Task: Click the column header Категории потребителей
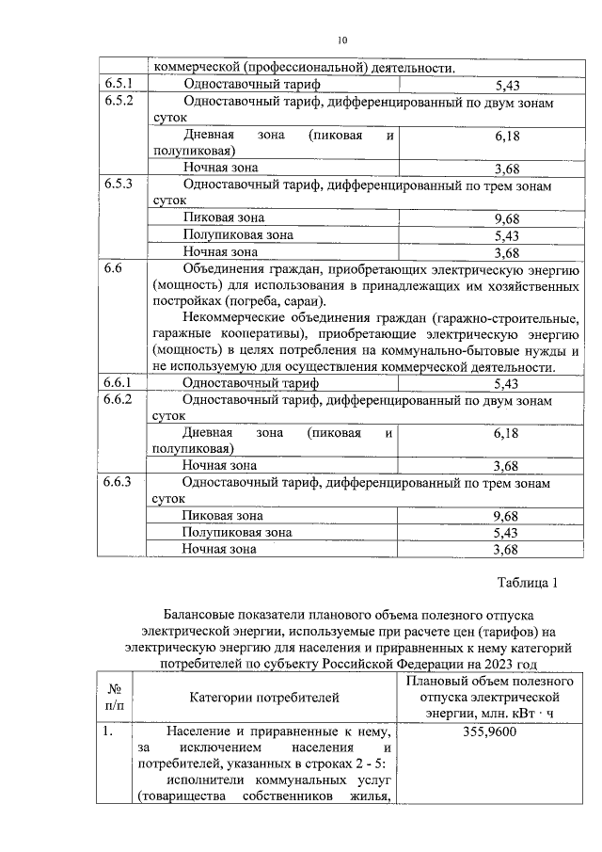tap(262, 698)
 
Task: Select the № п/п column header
tap(115, 698)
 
